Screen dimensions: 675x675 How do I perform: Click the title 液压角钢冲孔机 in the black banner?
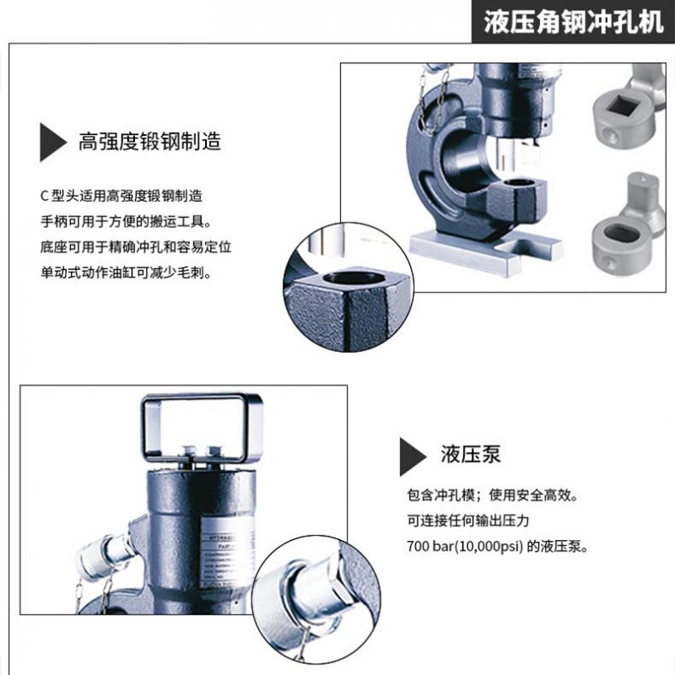point(573,22)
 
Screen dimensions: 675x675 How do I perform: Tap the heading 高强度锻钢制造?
point(150,141)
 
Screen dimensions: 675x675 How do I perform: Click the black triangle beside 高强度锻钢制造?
point(52,142)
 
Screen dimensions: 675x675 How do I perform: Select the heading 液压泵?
point(471,455)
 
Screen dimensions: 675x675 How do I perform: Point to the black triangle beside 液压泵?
point(413,457)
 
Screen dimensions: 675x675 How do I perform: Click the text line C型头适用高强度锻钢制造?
point(121,196)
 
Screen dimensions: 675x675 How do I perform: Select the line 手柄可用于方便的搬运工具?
point(126,221)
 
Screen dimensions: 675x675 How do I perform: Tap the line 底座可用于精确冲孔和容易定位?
point(136,247)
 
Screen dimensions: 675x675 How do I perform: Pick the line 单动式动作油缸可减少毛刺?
point(126,273)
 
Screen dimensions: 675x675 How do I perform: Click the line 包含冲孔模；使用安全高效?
point(493,495)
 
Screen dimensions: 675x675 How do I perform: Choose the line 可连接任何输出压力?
point(468,520)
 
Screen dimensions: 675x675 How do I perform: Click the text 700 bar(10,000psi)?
point(465,546)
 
